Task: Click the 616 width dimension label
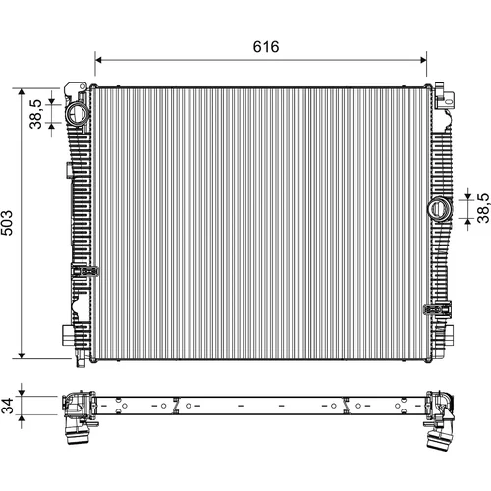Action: click(266, 47)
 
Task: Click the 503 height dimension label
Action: click(7, 223)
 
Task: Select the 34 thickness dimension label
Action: click(7, 406)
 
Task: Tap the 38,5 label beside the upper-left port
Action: click(35, 114)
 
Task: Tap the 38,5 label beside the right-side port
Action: click(483, 208)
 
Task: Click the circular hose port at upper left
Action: click(78, 113)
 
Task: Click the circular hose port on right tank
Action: click(440, 209)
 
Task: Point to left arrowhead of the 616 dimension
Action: click(99, 60)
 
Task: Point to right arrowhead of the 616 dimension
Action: click(423, 60)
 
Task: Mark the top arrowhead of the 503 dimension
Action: click(22, 92)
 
